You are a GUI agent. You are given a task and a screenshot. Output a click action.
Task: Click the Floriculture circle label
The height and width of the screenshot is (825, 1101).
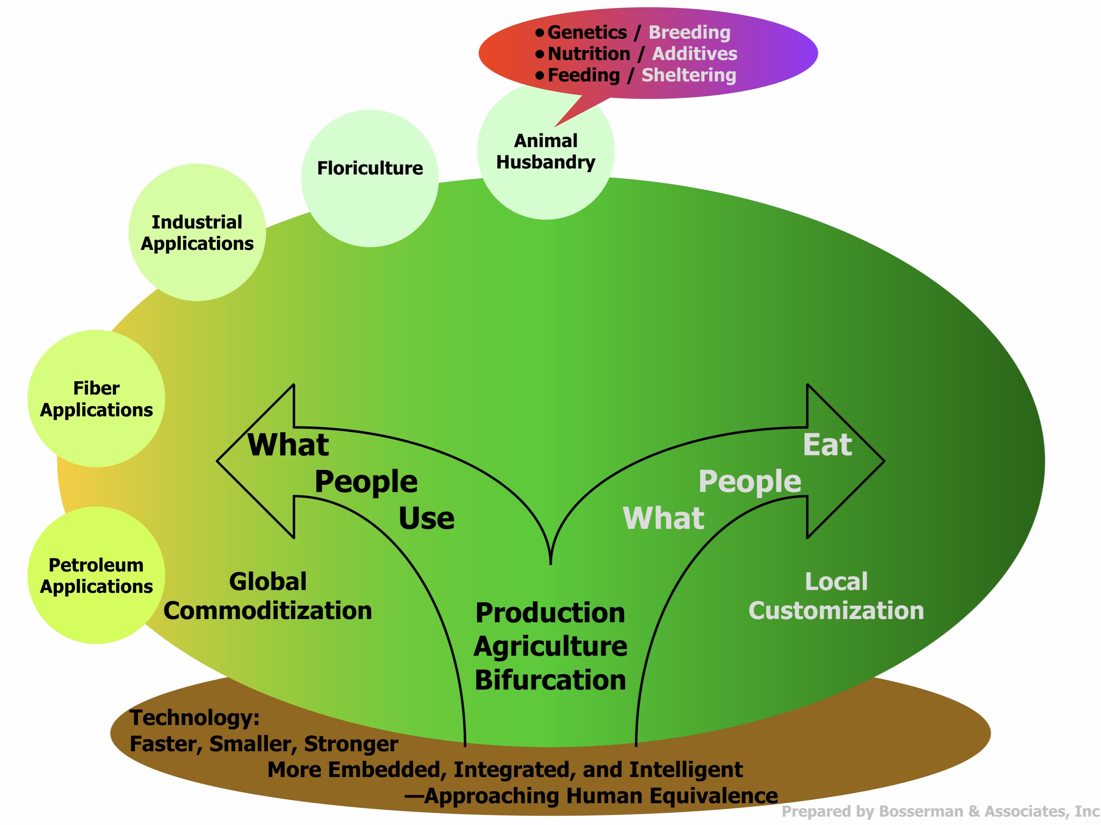coord(370,168)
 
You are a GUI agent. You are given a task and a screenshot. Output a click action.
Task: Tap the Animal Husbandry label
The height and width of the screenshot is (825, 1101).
coord(546,151)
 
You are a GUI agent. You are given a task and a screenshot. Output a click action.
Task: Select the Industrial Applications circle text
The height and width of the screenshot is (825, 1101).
coord(197,233)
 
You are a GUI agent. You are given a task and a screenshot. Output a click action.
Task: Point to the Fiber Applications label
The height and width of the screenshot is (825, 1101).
coord(96,399)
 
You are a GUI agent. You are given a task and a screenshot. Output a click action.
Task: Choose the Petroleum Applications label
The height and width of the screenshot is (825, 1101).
coord(96,576)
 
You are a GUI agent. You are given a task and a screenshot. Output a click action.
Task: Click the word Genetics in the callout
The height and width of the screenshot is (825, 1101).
coord(587,32)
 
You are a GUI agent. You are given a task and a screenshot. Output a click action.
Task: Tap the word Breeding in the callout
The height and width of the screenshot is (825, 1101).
coord(689,32)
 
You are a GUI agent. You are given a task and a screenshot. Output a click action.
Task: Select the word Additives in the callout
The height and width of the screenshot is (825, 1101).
coord(694,54)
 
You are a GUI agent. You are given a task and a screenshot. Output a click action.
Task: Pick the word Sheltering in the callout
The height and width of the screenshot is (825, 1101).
coord(688,75)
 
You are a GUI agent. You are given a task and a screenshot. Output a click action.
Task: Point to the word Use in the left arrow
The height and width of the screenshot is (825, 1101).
coord(426,518)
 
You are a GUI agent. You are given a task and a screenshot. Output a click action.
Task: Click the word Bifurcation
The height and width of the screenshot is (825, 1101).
coord(550,680)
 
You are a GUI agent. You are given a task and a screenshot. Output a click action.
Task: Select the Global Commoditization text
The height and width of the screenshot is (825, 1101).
coord(268,596)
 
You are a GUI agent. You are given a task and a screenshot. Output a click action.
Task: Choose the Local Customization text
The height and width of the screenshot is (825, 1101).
coord(836,596)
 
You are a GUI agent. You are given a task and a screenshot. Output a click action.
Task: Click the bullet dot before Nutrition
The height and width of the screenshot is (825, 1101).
coord(540,54)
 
